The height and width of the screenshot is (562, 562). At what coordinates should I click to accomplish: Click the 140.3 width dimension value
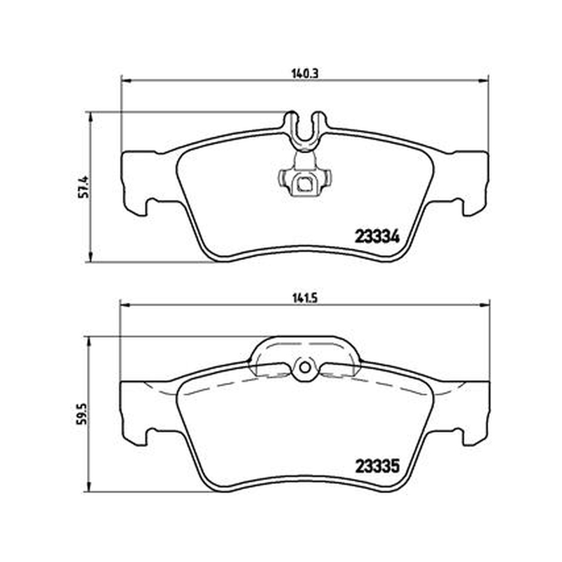[305, 74]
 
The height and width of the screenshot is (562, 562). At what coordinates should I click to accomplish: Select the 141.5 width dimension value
[305, 298]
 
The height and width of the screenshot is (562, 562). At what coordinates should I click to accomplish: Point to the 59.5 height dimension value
[81, 414]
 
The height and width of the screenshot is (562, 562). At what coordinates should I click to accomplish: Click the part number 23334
[377, 237]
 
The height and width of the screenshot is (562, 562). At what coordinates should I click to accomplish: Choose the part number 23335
[377, 466]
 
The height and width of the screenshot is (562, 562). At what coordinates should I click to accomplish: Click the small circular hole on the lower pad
[305, 367]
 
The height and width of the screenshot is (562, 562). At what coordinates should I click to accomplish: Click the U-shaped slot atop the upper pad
[306, 129]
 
